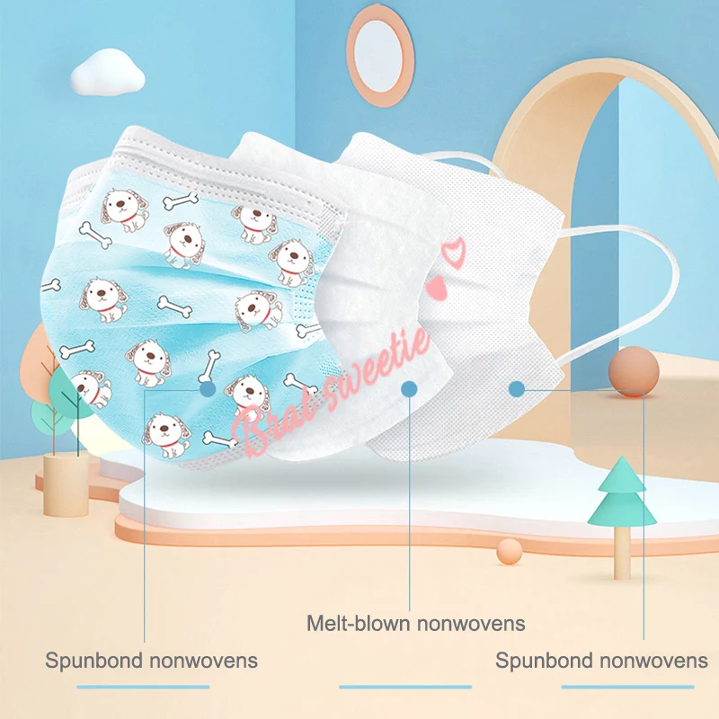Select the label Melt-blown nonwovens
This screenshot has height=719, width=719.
tap(415, 623)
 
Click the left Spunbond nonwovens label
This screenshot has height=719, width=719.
tap(152, 661)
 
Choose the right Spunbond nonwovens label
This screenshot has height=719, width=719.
tap(601, 661)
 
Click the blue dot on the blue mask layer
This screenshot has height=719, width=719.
tap(208, 389)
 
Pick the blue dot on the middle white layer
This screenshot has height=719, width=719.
tap(409, 389)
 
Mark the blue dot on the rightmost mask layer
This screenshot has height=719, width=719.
tap(516, 389)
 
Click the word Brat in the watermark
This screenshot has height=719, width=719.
tap(270, 423)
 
